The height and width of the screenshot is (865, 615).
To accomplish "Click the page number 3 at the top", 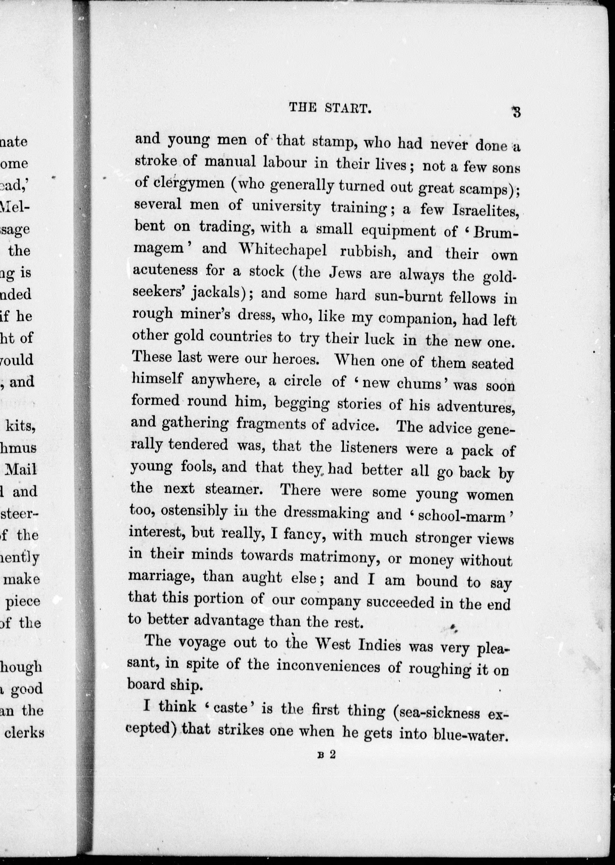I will coord(516,113).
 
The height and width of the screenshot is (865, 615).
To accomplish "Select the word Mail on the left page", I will coord(22,470).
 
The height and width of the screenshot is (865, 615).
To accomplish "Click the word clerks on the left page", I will coord(24,733).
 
